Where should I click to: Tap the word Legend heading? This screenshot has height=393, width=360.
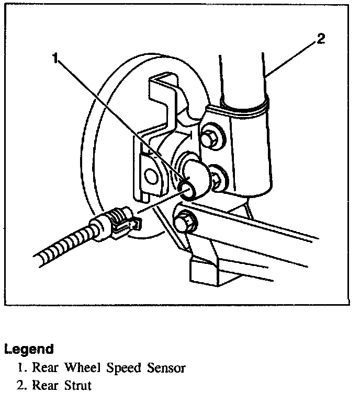(x=29, y=349)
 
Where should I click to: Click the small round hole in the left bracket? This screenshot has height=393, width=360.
(x=153, y=176)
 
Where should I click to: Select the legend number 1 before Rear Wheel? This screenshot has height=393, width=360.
(x=20, y=368)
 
